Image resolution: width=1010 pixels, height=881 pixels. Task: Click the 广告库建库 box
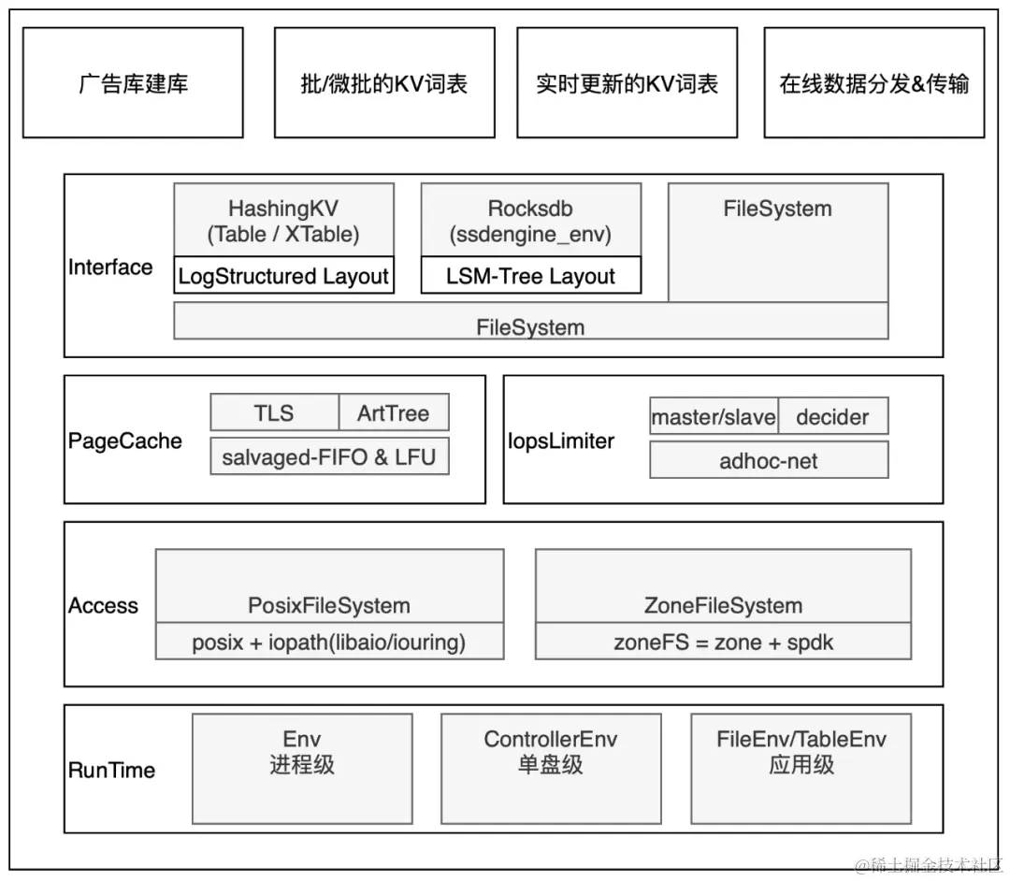coord(133,83)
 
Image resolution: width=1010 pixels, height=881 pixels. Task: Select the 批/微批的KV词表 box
coord(384,83)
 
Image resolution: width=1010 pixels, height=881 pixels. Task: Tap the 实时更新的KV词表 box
coord(627,83)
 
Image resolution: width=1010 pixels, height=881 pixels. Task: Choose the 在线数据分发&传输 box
coord(874,83)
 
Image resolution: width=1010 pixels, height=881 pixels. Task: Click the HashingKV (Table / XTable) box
coord(283,220)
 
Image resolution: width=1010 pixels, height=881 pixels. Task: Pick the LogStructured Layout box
coord(283,276)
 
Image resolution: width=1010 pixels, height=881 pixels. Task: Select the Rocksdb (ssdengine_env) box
coord(531,220)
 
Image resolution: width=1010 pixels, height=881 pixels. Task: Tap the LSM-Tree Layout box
coord(531,276)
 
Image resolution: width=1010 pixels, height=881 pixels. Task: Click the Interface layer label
coord(110,267)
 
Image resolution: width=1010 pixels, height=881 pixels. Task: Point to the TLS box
coord(274,412)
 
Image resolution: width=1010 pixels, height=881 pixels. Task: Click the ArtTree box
coord(394,412)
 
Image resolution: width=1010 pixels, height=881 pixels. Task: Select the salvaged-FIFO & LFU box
coord(329,457)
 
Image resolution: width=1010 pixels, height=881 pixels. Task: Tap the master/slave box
coord(714,417)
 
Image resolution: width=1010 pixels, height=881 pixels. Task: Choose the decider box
coord(832,417)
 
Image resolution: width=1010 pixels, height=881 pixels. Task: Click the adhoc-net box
coord(769,460)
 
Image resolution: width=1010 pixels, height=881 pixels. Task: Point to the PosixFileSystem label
coord(329,605)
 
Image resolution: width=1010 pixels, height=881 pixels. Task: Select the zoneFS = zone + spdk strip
coord(723,643)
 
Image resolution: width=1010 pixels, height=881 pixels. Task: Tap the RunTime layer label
coord(112,771)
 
